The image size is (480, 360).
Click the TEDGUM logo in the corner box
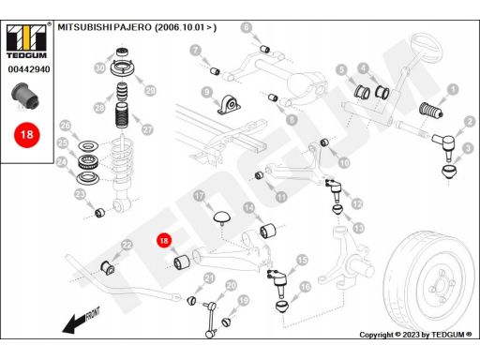26,41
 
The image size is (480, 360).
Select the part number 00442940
29,69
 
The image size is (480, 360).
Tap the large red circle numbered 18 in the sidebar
27,135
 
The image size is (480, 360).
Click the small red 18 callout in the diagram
164,240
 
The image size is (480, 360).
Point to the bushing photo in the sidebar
25,95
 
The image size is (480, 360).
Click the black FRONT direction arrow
81,322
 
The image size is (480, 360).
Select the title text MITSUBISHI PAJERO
104,27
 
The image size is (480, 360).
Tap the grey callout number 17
199,196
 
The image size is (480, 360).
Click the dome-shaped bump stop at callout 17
222,217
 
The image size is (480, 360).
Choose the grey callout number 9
207,92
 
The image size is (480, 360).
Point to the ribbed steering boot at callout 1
430,111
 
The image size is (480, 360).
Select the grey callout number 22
127,245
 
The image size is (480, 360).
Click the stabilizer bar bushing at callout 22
108,268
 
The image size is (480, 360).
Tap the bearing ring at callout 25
88,161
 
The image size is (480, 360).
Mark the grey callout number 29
150,91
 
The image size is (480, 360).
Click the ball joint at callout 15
277,281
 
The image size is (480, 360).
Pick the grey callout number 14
248,208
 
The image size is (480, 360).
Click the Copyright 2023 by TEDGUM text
415,335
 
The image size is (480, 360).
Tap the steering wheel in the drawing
427,46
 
